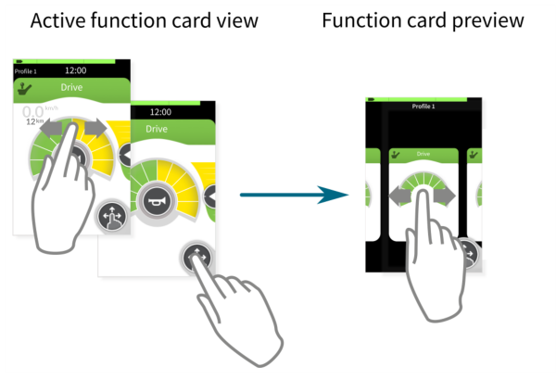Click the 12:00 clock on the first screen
[x=77, y=69]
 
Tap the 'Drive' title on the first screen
[x=71, y=89]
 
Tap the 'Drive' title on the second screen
[x=155, y=129]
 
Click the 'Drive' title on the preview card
[x=423, y=154]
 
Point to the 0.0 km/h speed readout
[x=32, y=110]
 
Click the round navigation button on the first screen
[x=111, y=217]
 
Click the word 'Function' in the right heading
[x=356, y=20]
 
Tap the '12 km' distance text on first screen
[x=34, y=121]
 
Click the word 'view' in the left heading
[x=239, y=20]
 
